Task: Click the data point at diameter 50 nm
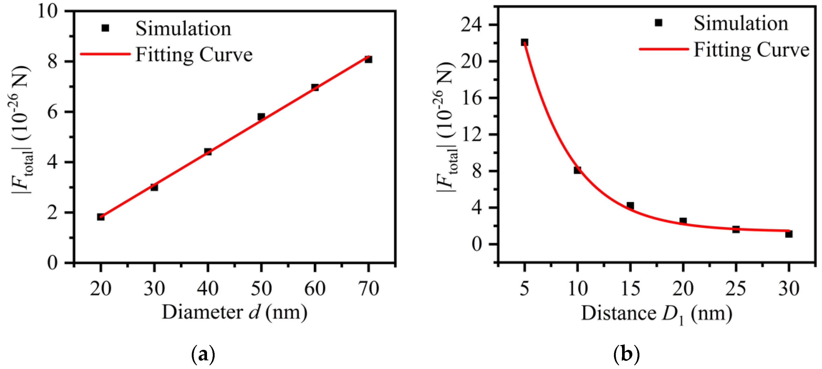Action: pyautogui.click(x=261, y=117)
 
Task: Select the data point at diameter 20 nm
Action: pyautogui.click(x=101, y=217)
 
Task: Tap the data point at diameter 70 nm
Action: pyautogui.click(x=368, y=60)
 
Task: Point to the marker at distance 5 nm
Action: pyautogui.click(x=524, y=42)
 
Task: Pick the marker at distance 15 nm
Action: pyautogui.click(x=630, y=205)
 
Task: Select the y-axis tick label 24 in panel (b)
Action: pyautogui.click(x=471, y=24)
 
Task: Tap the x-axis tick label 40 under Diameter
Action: pyautogui.click(x=208, y=289)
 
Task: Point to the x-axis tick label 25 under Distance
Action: pyautogui.click(x=736, y=289)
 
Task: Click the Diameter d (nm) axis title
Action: pyautogui.click(x=235, y=312)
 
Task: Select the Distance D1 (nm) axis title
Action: pyautogui.click(x=656, y=314)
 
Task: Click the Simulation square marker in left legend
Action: pyautogui.click(x=105, y=28)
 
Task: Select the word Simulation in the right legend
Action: pyautogui.click(x=741, y=24)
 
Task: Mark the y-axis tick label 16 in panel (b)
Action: pyautogui.click(x=471, y=98)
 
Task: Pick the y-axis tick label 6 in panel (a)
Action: pyautogui.click(x=52, y=112)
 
